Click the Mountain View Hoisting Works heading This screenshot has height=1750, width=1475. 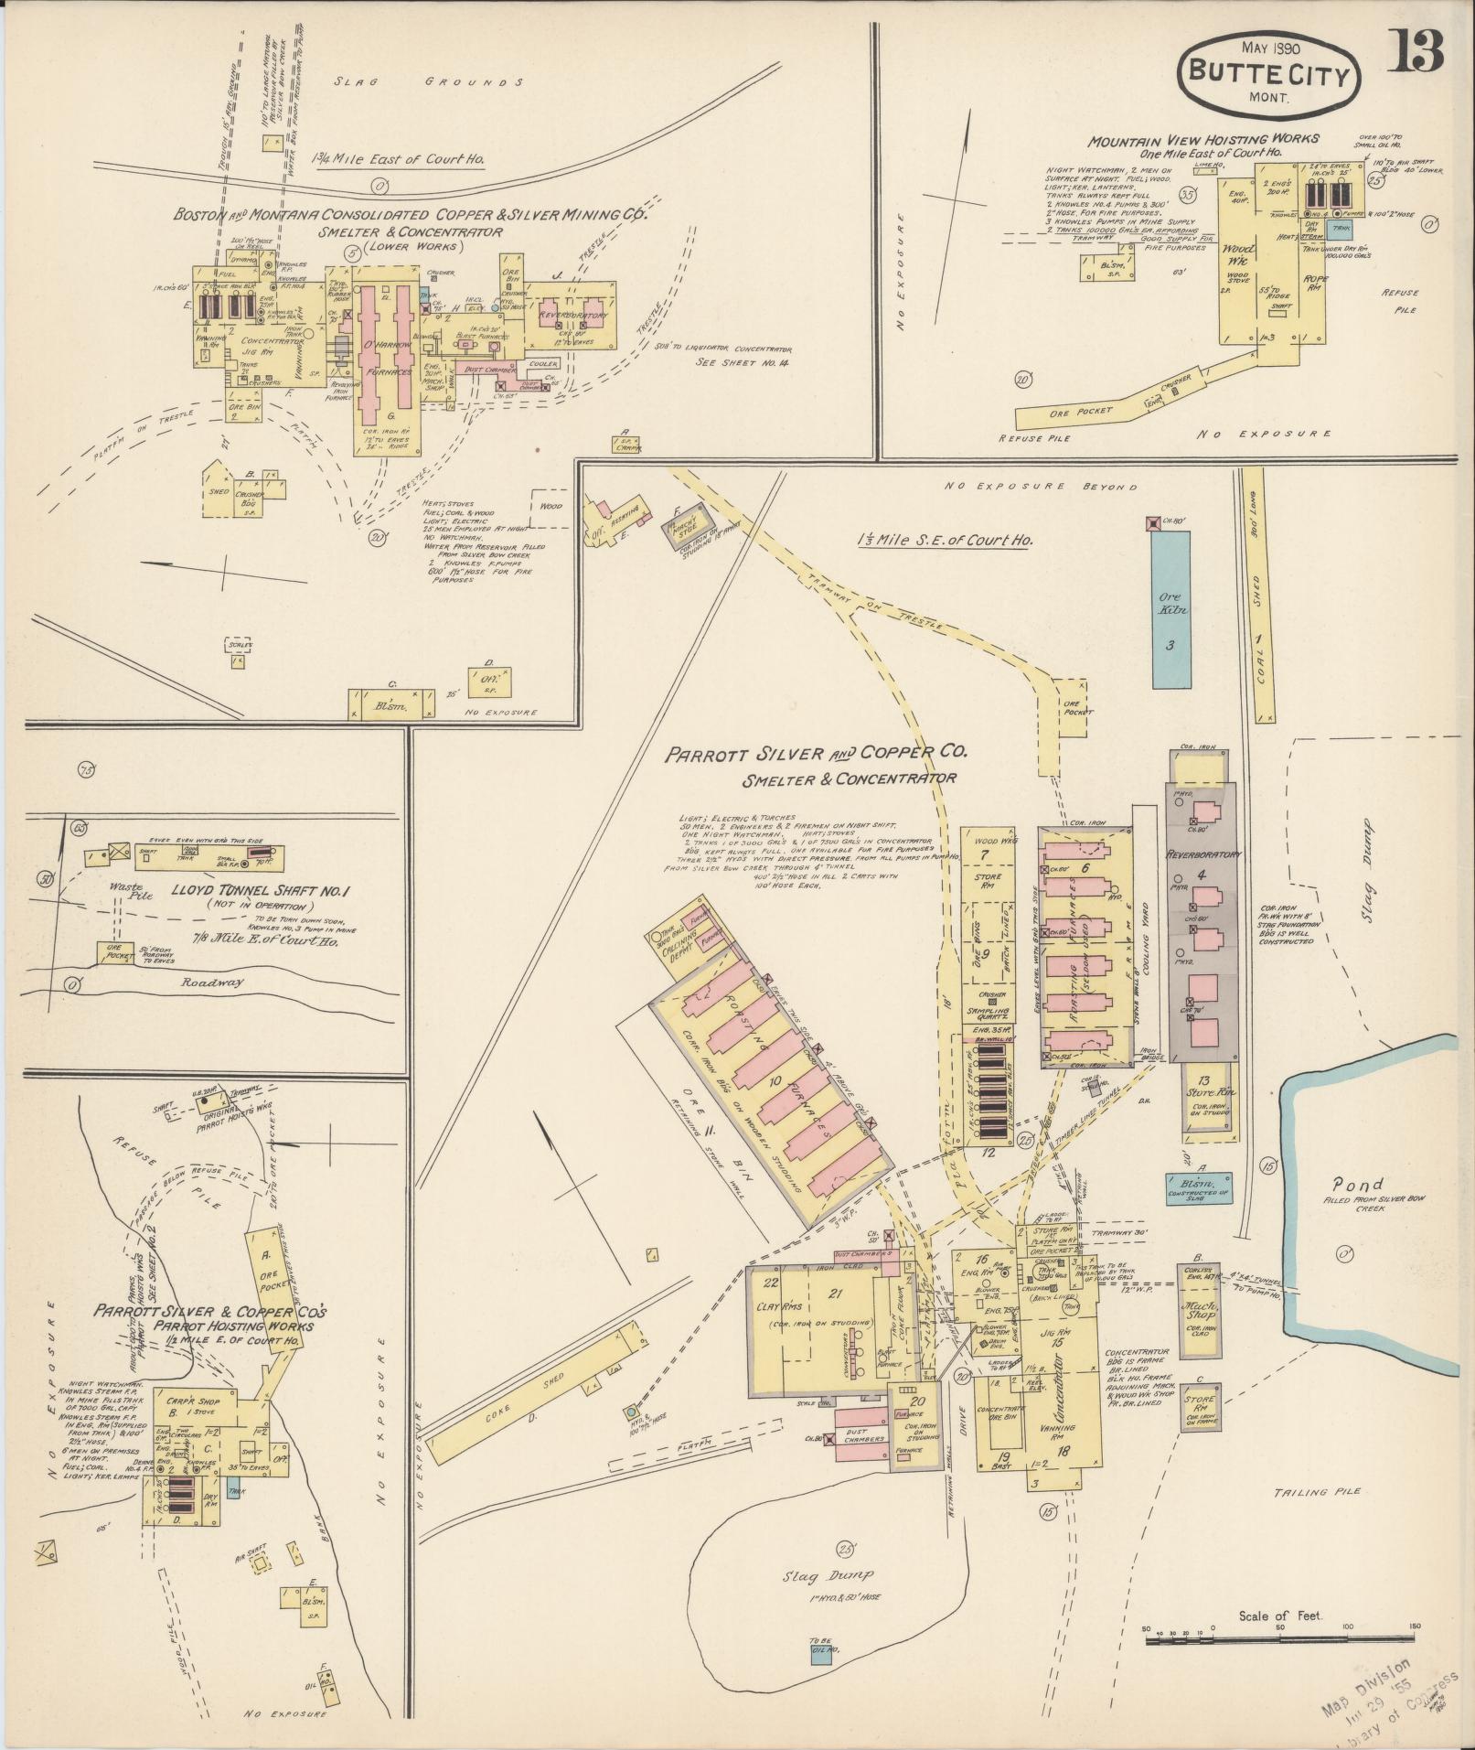pyautogui.click(x=1203, y=139)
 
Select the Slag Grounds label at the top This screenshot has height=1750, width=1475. pyautogui.click(x=428, y=82)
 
